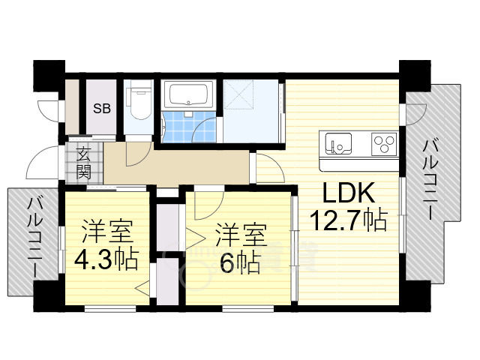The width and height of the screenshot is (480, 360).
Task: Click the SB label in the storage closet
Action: tap(102, 108)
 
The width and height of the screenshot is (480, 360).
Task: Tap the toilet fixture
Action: tap(140, 100)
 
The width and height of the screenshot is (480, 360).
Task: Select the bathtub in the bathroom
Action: tap(188, 94)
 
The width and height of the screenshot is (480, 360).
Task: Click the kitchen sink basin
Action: tap(338, 144)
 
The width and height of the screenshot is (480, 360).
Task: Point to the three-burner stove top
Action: tap(385, 144)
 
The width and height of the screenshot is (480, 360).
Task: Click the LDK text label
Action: tap(349, 193)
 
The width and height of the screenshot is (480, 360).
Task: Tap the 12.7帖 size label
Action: tap(349, 220)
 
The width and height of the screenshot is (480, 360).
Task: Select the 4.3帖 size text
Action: tap(106, 260)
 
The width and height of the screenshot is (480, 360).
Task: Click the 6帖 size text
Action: tap(241, 262)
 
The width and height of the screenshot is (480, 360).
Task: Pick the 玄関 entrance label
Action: tap(83, 163)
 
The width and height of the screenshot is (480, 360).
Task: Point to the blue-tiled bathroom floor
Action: tap(189, 127)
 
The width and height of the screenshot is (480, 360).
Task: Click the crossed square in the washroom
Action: tap(238, 94)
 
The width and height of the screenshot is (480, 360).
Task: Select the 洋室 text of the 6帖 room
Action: tap(241, 235)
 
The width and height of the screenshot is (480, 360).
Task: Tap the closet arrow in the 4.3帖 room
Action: tap(143, 288)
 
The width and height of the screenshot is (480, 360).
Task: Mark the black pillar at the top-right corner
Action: tap(415, 76)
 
